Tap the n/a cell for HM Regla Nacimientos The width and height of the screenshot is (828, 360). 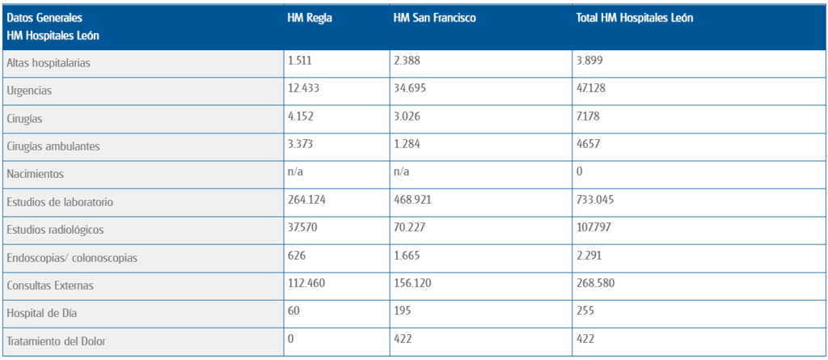(297, 172)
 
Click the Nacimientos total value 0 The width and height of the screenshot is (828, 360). (580, 172)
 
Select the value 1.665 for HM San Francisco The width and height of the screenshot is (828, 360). (408, 256)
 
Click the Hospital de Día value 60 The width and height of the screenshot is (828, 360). (294, 311)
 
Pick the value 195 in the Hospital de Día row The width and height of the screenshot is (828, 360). (402, 311)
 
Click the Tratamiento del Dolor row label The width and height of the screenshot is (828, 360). (55, 341)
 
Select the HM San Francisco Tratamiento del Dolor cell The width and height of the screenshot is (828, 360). (402, 340)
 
